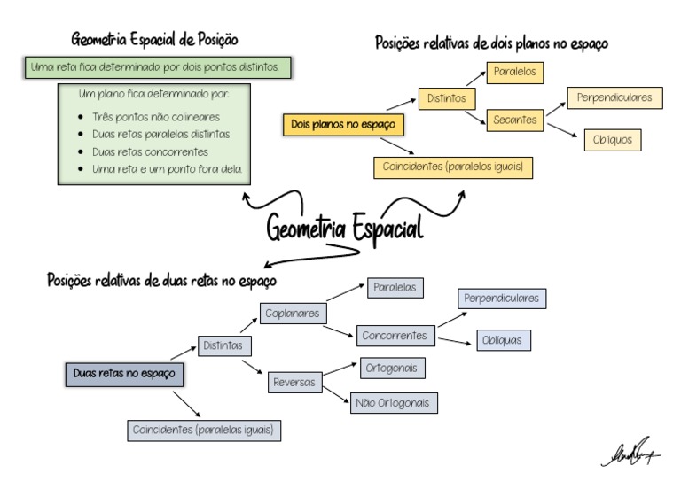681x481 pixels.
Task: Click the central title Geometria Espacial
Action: click(x=345, y=228)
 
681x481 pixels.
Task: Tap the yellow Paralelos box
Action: click(x=515, y=73)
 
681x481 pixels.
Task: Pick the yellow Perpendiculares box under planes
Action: click(x=614, y=97)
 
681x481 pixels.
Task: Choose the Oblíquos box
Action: click(x=611, y=140)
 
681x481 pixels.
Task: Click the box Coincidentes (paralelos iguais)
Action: click(x=453, y=167)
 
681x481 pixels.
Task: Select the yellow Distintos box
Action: click(x=447, y=98)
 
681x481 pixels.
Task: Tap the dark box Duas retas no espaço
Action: click(x=124, y=374)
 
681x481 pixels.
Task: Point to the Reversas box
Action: click(x=294, y=382)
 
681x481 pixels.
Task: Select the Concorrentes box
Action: click(x=395, y=337)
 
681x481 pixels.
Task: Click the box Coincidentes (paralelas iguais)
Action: click(x=204, y=431)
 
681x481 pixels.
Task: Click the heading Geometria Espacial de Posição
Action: click(x=154, y=40)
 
